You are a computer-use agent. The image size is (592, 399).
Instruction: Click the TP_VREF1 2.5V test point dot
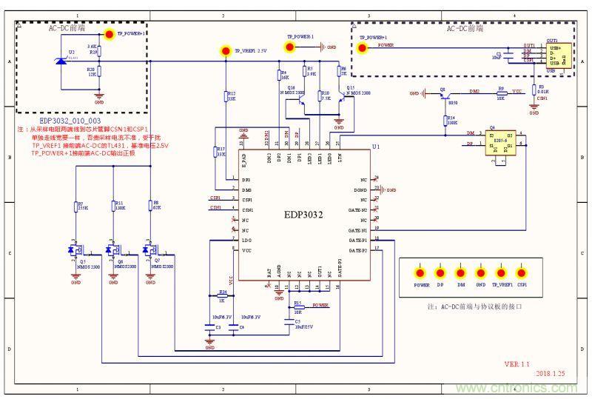226,50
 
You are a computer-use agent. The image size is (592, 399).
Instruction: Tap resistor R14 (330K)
446,118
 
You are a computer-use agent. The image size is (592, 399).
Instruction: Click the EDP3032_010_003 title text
70,119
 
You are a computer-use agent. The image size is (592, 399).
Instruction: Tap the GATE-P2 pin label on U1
358,250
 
